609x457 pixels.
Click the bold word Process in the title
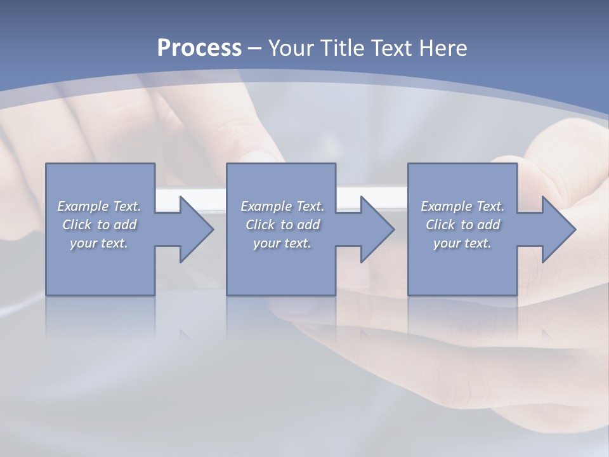[x=199, y=48]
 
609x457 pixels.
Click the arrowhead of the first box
[x=193, y=229]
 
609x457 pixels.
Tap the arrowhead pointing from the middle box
[x=374, y=229]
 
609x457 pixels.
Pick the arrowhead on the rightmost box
[x=556, y=229]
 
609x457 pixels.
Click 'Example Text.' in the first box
[x=99, y=206]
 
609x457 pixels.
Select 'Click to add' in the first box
[x=99, y=225]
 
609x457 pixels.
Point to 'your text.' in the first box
[x=99, y=243]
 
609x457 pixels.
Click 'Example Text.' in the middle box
[x=282, y=206]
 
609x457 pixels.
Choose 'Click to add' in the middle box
[x=282, y=225]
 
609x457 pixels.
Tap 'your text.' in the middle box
[x=282, y=243]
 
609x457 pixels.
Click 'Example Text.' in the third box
[x=462, y=206]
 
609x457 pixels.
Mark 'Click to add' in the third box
[x=462, y=225]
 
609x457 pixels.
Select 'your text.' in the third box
[x=462, y=243]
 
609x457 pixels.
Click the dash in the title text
[x=254, y=49]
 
